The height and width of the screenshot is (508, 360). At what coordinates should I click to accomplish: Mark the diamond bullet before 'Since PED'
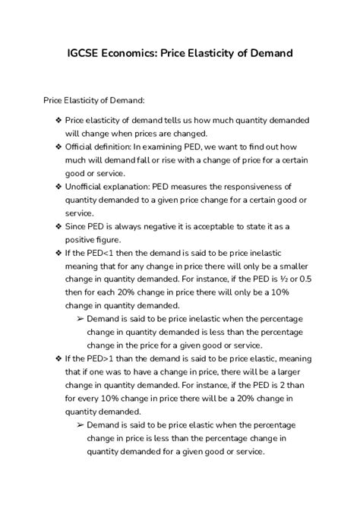[x=59, y=226]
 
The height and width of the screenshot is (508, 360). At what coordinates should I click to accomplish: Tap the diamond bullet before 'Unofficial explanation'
[x=59, y=186]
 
